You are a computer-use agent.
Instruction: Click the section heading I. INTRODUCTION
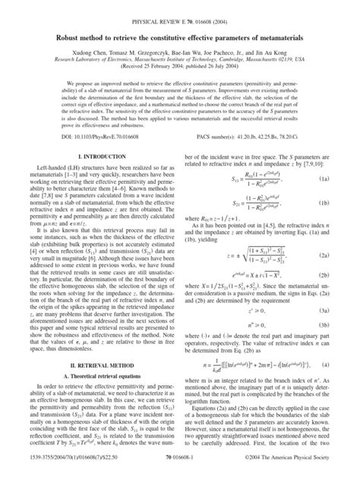pos(94,177)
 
